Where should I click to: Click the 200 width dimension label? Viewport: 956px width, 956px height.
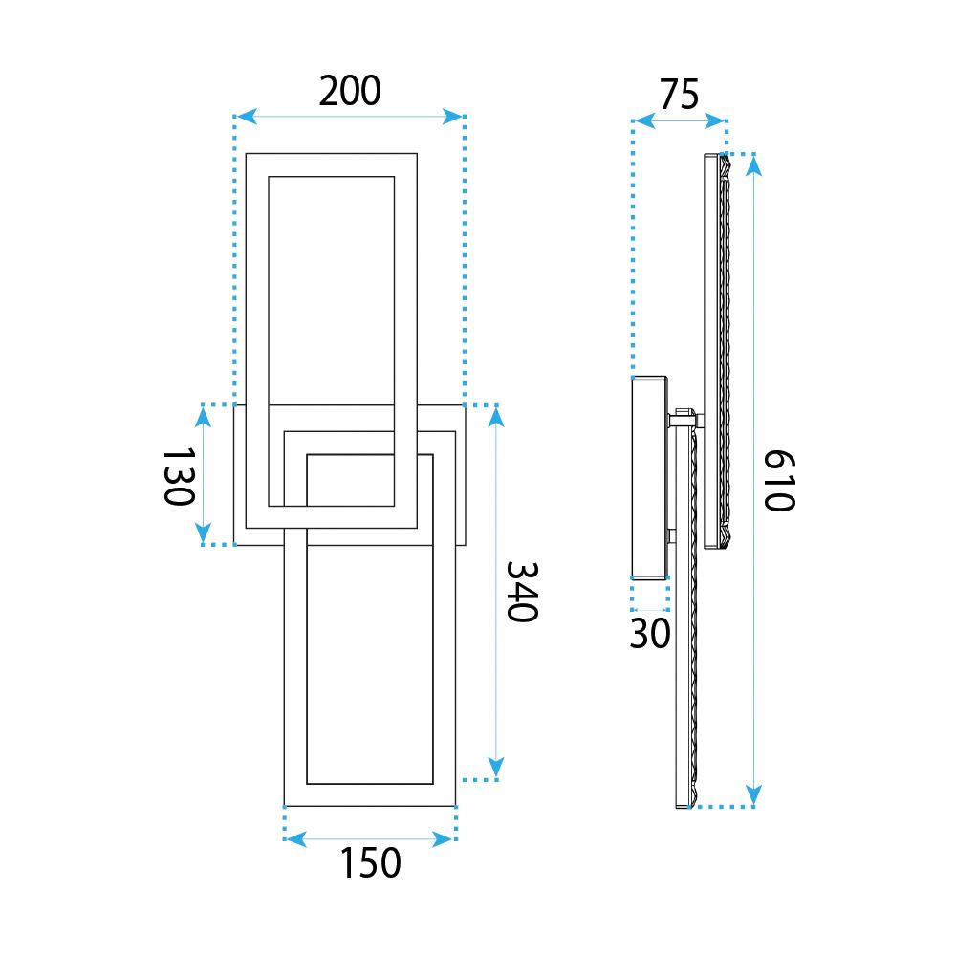350,91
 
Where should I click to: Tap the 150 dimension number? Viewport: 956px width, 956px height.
370,862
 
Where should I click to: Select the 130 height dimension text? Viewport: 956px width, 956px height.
180,477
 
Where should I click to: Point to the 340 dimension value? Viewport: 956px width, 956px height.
523,592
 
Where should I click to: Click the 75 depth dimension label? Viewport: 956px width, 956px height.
679,95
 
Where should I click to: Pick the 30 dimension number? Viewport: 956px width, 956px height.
650,634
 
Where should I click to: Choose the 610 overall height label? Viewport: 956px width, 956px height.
780,481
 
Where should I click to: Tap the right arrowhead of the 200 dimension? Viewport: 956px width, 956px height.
452,117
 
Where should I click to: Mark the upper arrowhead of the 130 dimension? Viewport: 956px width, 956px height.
203,417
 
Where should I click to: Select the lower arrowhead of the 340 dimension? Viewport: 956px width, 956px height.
496,768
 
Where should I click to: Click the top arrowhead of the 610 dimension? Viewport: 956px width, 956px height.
754,165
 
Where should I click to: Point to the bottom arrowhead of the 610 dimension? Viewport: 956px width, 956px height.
754,795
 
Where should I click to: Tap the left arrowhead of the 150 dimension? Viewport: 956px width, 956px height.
296,839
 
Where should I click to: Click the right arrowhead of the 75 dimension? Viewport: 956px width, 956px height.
714,120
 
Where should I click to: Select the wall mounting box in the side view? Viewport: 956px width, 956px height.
649,477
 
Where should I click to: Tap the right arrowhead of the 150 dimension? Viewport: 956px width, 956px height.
443,839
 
